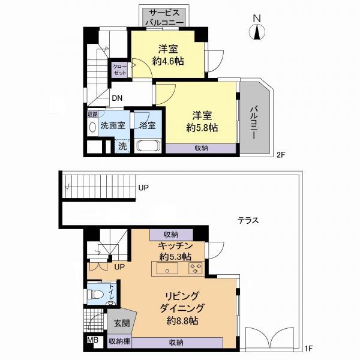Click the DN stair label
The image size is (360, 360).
click(117, 99)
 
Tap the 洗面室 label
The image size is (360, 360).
click(112, 126)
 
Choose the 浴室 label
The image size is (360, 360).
click(148, 126)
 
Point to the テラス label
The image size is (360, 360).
click(247, 220)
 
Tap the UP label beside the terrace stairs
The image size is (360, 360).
click(143, 188)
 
